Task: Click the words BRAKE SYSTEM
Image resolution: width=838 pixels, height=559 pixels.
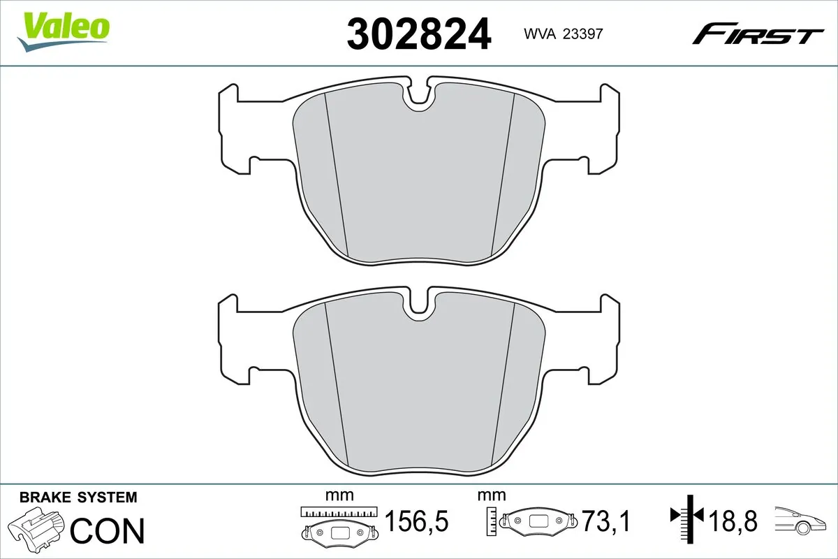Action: [x=78, y=498]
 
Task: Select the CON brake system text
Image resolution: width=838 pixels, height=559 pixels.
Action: [x=108, y=530]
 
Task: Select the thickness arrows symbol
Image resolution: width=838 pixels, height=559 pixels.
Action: [x=689, y=517]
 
